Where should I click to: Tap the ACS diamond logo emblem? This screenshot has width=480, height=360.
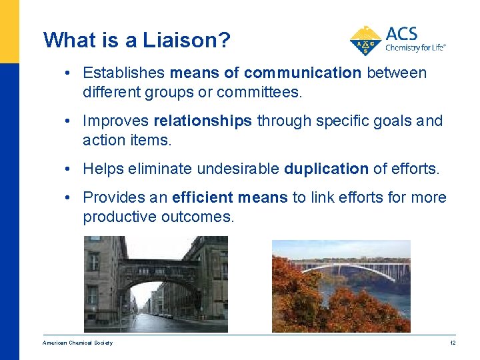coord(365,41)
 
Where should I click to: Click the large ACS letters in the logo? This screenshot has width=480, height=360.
coord(401,33)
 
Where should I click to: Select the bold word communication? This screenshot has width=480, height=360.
coord(302,73)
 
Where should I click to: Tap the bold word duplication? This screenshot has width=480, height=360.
coord(326,169)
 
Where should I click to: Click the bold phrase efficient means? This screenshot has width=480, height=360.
coord(230,198)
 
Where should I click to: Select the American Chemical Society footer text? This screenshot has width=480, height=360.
coord(77,343)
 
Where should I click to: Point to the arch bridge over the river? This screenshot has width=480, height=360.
coord(353,270)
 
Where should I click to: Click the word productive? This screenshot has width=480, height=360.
coord(119,217)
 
